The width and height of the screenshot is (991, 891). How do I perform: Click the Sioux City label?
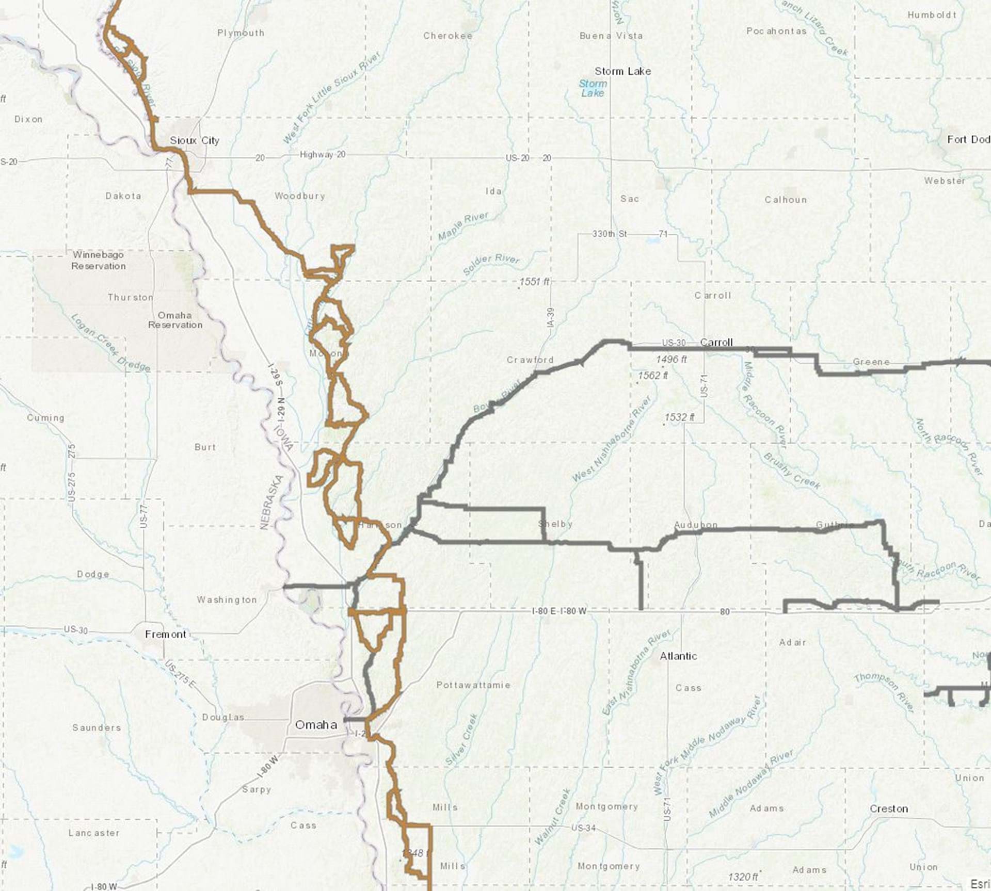(x=195, y=140)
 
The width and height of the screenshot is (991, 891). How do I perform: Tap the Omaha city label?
(x=316, y=725)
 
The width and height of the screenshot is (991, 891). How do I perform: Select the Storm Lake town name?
(x=622, y=71)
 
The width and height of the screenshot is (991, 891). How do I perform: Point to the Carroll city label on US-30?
(x=716, y=342)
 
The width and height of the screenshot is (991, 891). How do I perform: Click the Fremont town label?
(x=165, y=634)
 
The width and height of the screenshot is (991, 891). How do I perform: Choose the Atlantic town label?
(x=678, y=656)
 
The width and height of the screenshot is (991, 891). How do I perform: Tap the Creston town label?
(x=888, y=808)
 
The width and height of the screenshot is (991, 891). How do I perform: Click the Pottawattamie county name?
(x=473, y=685)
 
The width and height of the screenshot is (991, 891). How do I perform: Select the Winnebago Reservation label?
(x=98, y=261)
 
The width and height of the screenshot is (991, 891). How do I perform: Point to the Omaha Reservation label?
(x=175, y=320)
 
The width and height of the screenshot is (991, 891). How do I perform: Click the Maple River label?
(x=463, y=226)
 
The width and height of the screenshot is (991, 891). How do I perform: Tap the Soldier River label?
(x=491, y=264)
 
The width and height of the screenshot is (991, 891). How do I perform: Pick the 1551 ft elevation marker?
(x=534, y=282)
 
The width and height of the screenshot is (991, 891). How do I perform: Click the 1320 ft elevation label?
(x=743, y=877)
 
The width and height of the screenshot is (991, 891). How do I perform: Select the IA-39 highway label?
(x=550, y=317)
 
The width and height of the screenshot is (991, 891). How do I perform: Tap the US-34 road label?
(x=584, y=828)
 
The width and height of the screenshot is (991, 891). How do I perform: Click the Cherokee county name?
(x=447, y=36)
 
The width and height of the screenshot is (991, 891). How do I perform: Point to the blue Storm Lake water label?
(x=593, y=88)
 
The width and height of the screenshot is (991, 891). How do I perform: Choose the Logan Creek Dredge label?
(x=110, y=343)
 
